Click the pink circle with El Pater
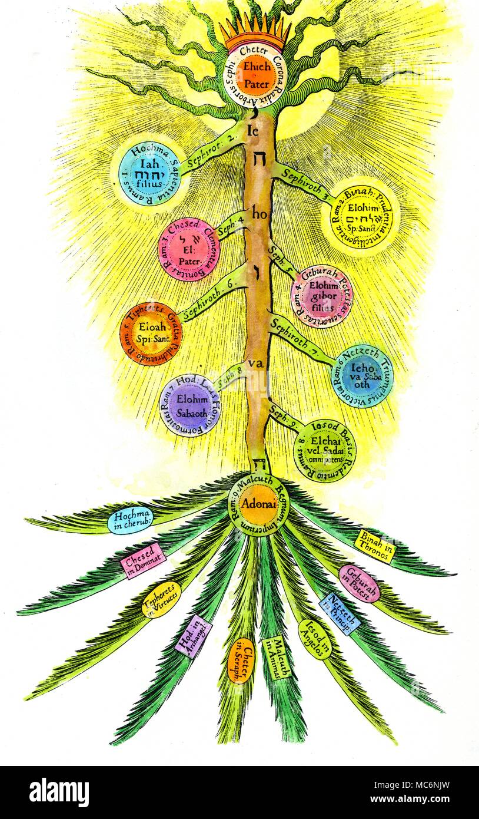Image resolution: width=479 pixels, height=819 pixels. click(x=188, y=250)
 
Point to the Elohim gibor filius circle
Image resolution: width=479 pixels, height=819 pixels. click(x=322, y=296)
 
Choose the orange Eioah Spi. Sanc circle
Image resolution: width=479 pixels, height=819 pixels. click(x=151, y=333)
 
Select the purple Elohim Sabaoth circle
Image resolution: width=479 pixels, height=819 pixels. click(x=188, y=405)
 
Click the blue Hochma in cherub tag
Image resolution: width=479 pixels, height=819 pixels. click(x=130, y=520)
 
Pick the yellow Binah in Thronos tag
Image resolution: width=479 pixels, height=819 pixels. click(x=375, y=546)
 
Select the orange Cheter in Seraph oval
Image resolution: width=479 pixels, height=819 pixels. click(x=241, y=661)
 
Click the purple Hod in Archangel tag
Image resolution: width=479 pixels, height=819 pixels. click(x=193, y=636)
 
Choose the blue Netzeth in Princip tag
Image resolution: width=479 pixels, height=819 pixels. click(x=340, y=613)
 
